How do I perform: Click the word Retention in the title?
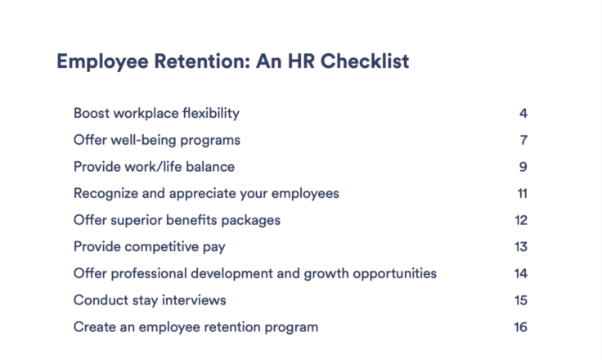click(x=202, y=61)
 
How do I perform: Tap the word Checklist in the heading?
click(x=365, y=61)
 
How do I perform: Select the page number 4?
click(x=523, y=114)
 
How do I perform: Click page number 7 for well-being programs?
click(x=523, y=140)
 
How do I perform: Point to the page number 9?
click(x=523, y=167)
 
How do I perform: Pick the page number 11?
click(x=523, y=193)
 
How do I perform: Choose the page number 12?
click(x=521, y=220)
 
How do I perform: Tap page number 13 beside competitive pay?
click(x=521, y=246)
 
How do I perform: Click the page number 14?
click(x=521, y=273)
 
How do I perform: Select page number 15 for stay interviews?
click(x=521, y=300)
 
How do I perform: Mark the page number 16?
click(x=521, y=327)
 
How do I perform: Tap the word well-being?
click(x=144, y=141)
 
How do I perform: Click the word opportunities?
click(x=395, y=274)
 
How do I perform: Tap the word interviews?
click(x=194, y=300)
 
